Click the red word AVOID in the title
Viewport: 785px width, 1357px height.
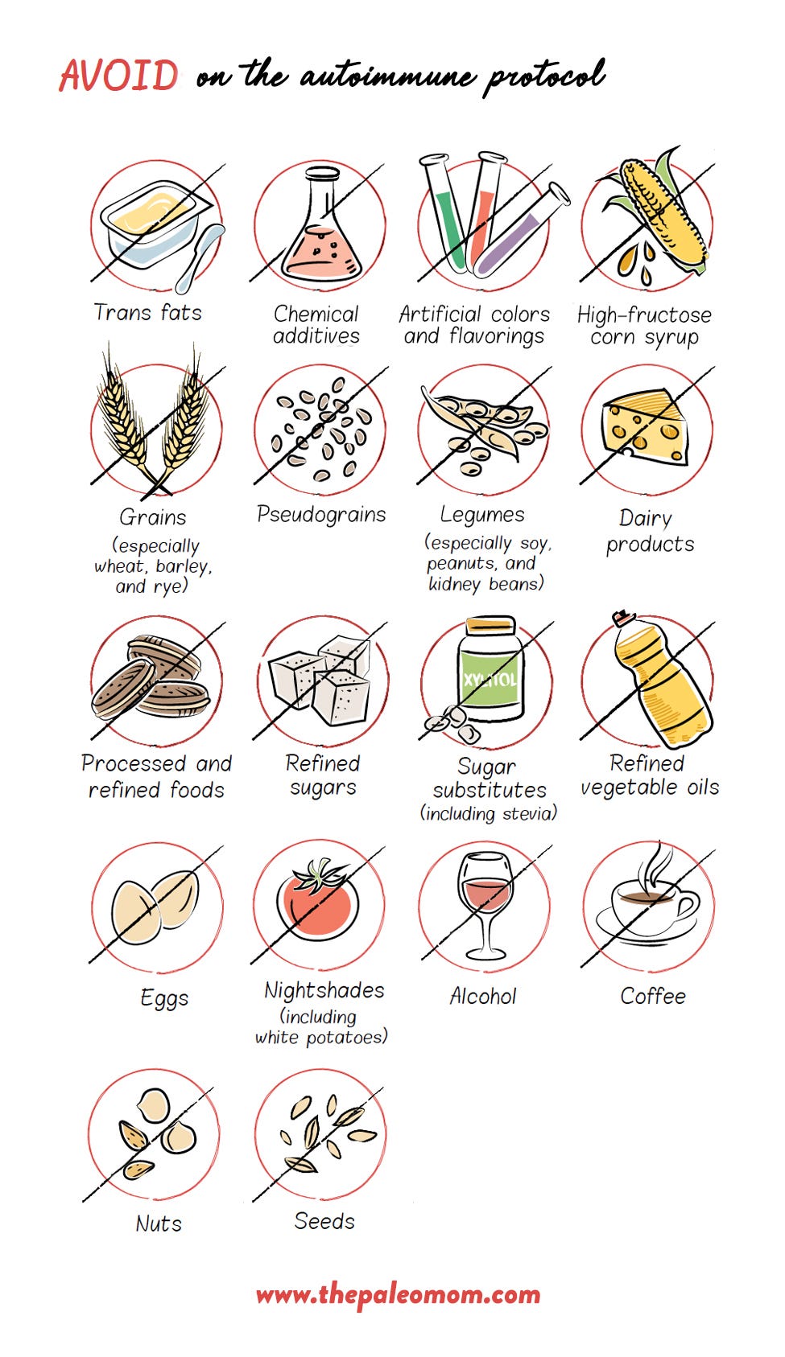click(119, 75)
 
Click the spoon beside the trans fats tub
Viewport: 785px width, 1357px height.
click(200, 257)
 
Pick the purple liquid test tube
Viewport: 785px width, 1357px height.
click(521, 230)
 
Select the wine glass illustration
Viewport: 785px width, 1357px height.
click(485, 905)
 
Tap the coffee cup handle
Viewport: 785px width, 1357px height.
click(688, 905)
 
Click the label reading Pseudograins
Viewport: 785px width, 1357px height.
click(321, 515)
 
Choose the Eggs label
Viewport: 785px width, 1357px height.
click(164, 997)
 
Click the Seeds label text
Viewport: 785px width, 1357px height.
click(324, 1221)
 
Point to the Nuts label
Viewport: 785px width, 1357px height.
click(159, 1223)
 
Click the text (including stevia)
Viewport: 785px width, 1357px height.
click(489, 813)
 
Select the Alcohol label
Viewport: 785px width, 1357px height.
click(483, 996)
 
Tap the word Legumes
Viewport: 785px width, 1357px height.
click(482, 515)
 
